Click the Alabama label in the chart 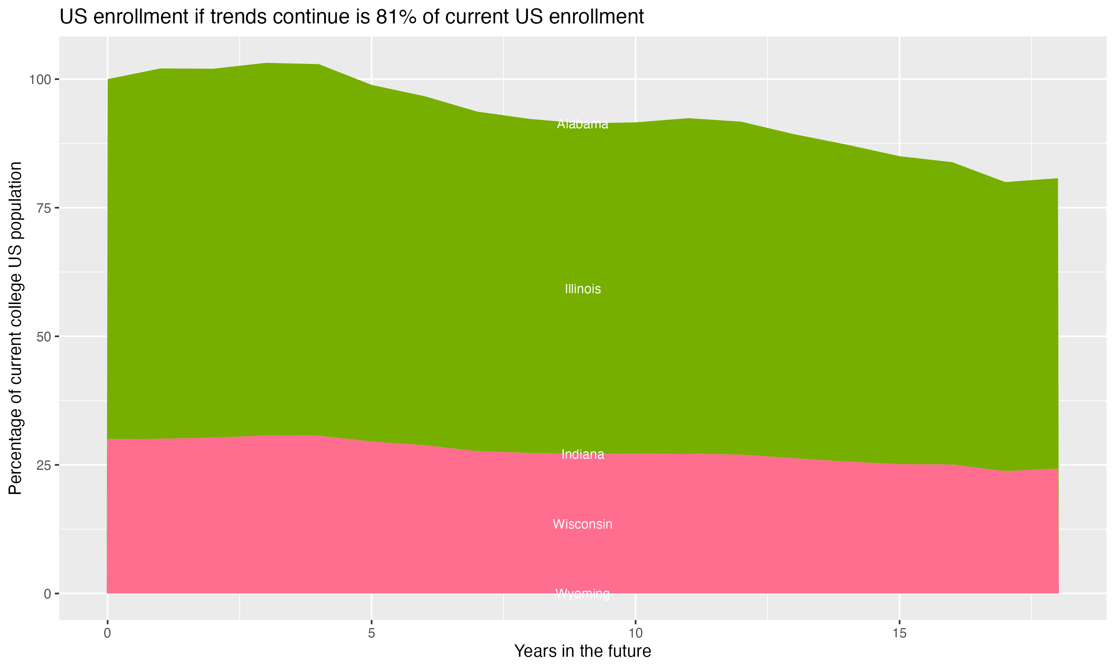(582, 124)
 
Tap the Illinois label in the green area (582, 289)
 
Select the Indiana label (582, 455)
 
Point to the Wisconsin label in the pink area (582, 524)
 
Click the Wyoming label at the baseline (582, 594)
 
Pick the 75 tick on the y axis (42, 208)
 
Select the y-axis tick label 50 (42, 337)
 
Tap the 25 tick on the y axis (42, 465)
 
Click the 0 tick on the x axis (107, 633)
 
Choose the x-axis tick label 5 (371, 633)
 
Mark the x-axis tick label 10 (635, 633)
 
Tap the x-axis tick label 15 (899, 633)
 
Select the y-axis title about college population (15, 328)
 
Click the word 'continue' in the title (310, 17)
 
